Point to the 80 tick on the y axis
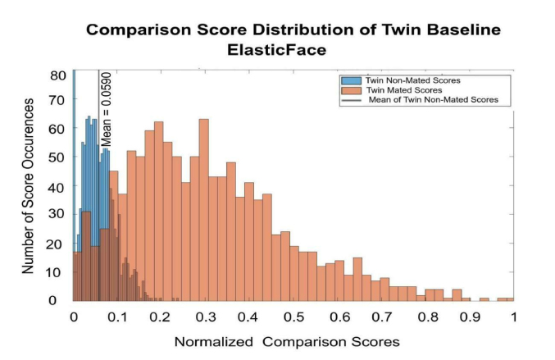(x=57, y=75)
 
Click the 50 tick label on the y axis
(x=57, y=159)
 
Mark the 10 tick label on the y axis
(x=57, y=272)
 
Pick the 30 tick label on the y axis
(x=57, y=216)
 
